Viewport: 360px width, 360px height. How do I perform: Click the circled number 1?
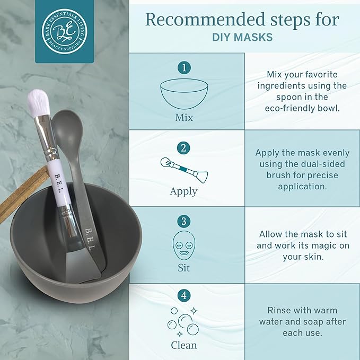click(183, 68)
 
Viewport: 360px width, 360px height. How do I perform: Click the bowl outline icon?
click(183, 94)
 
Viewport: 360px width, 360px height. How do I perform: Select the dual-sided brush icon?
click(184, 169)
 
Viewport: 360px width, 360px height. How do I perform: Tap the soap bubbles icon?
click(183, 320)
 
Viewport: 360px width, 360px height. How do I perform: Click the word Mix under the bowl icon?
click(184, 118)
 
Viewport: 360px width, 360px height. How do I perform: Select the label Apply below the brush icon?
click(183, 191)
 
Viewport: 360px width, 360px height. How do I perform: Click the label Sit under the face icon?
click(183, 268)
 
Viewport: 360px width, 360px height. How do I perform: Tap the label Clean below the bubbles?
click(183, 345)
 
